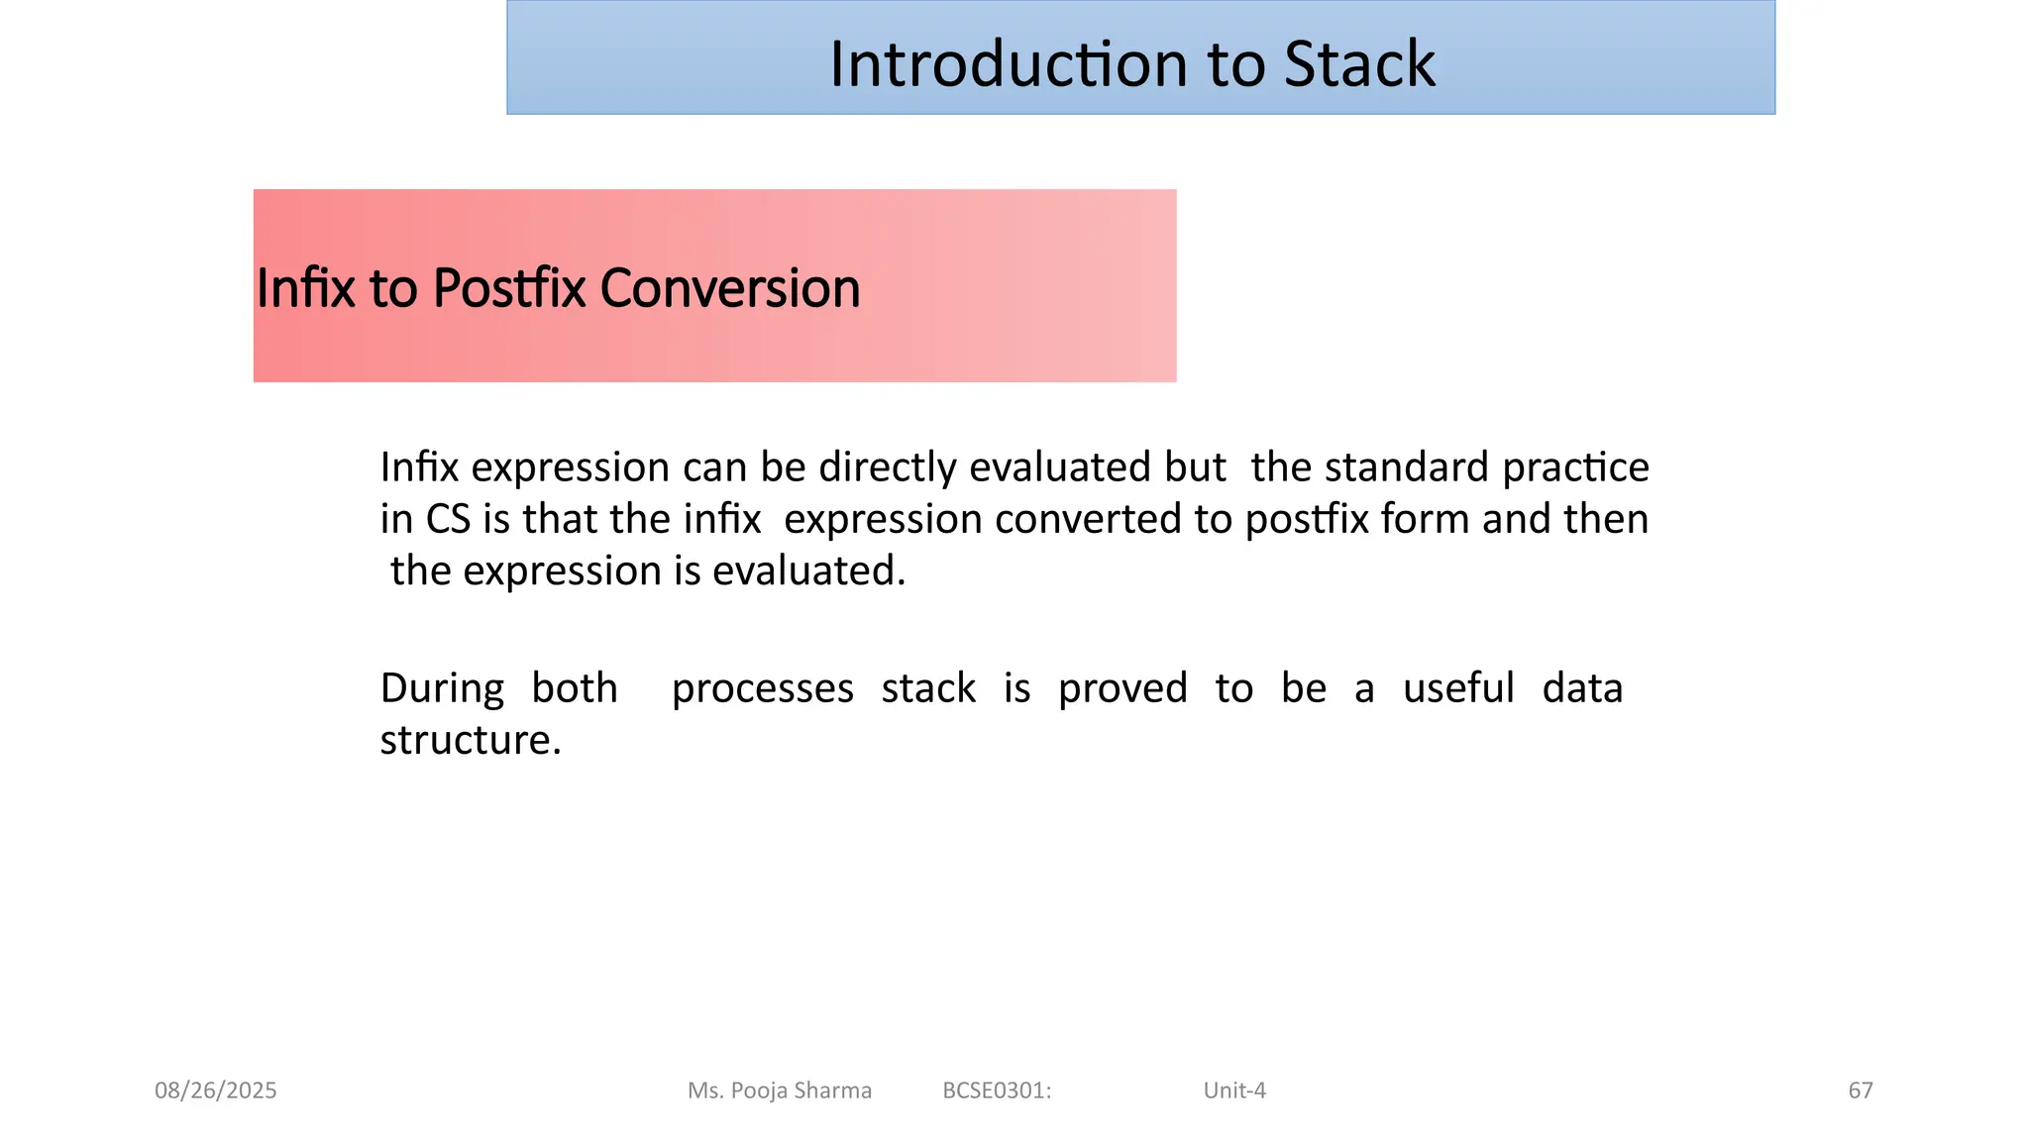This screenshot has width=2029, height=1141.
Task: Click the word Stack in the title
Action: [1359, 64]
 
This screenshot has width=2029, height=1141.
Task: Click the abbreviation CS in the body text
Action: [448, 519]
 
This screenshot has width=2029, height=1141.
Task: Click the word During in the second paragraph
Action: [442, 688]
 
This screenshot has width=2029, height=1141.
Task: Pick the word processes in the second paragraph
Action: [762, 688]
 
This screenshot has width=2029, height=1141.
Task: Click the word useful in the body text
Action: [1458, 688]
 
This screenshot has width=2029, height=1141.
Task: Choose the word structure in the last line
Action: [471, 740]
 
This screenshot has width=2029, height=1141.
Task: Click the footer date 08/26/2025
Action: [216, 1090]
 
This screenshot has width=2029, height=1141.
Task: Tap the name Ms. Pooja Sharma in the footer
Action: [780, 1090]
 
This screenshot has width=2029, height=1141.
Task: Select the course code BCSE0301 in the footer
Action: [996, 1090]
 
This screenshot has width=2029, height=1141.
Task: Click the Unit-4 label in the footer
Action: [1234, 1090]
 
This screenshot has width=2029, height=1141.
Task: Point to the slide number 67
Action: [1861, 1090]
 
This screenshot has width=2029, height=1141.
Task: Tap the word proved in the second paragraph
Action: [1122, 688]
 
